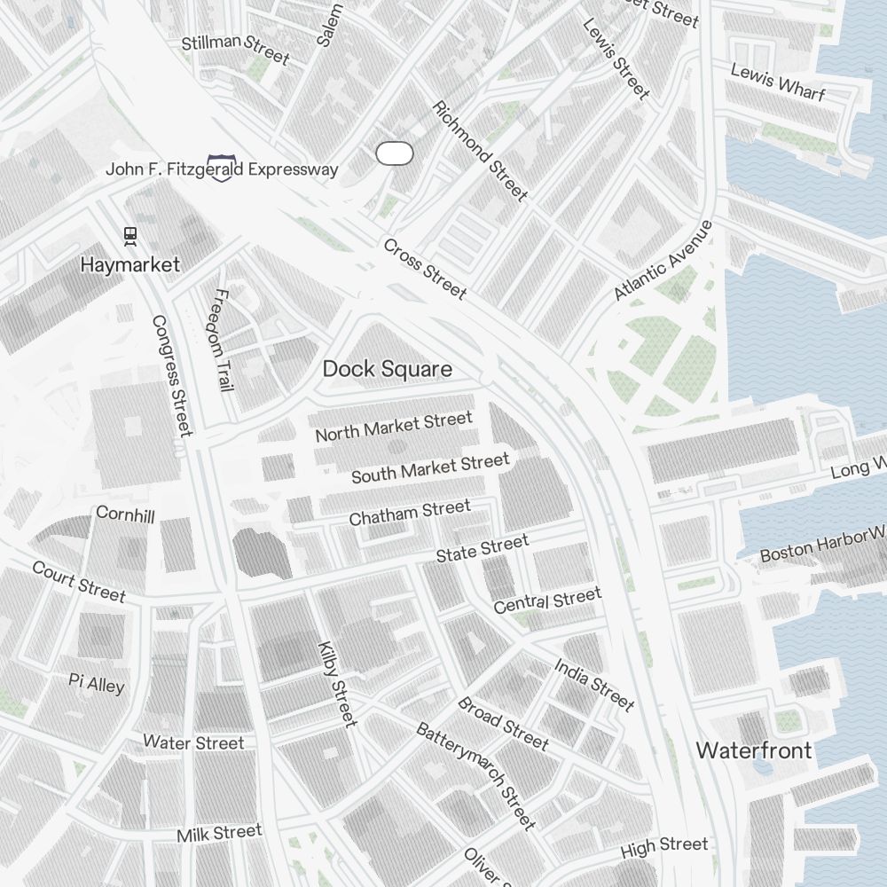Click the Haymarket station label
click(130, 264)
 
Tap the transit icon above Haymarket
click(130, 235)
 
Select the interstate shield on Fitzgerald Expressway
click(220, 167)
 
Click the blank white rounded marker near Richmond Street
click(395, 153)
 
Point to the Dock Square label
click(387, 369)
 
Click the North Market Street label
click(394, 427)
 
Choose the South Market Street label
click(430, 468)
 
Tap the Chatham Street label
click(410, 512)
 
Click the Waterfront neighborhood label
click(753, 750)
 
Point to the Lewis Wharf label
click(777, 82)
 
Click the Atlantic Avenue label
click(663, 260)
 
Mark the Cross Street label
click(425, 268)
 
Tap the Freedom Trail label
click(220, 341)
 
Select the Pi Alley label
click(97, 683)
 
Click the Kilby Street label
click(337, 684)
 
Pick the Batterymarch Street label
click(476, 775)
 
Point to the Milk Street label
click(219, 834)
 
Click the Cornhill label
click(125, 514)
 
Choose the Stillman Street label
click(235, 50)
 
